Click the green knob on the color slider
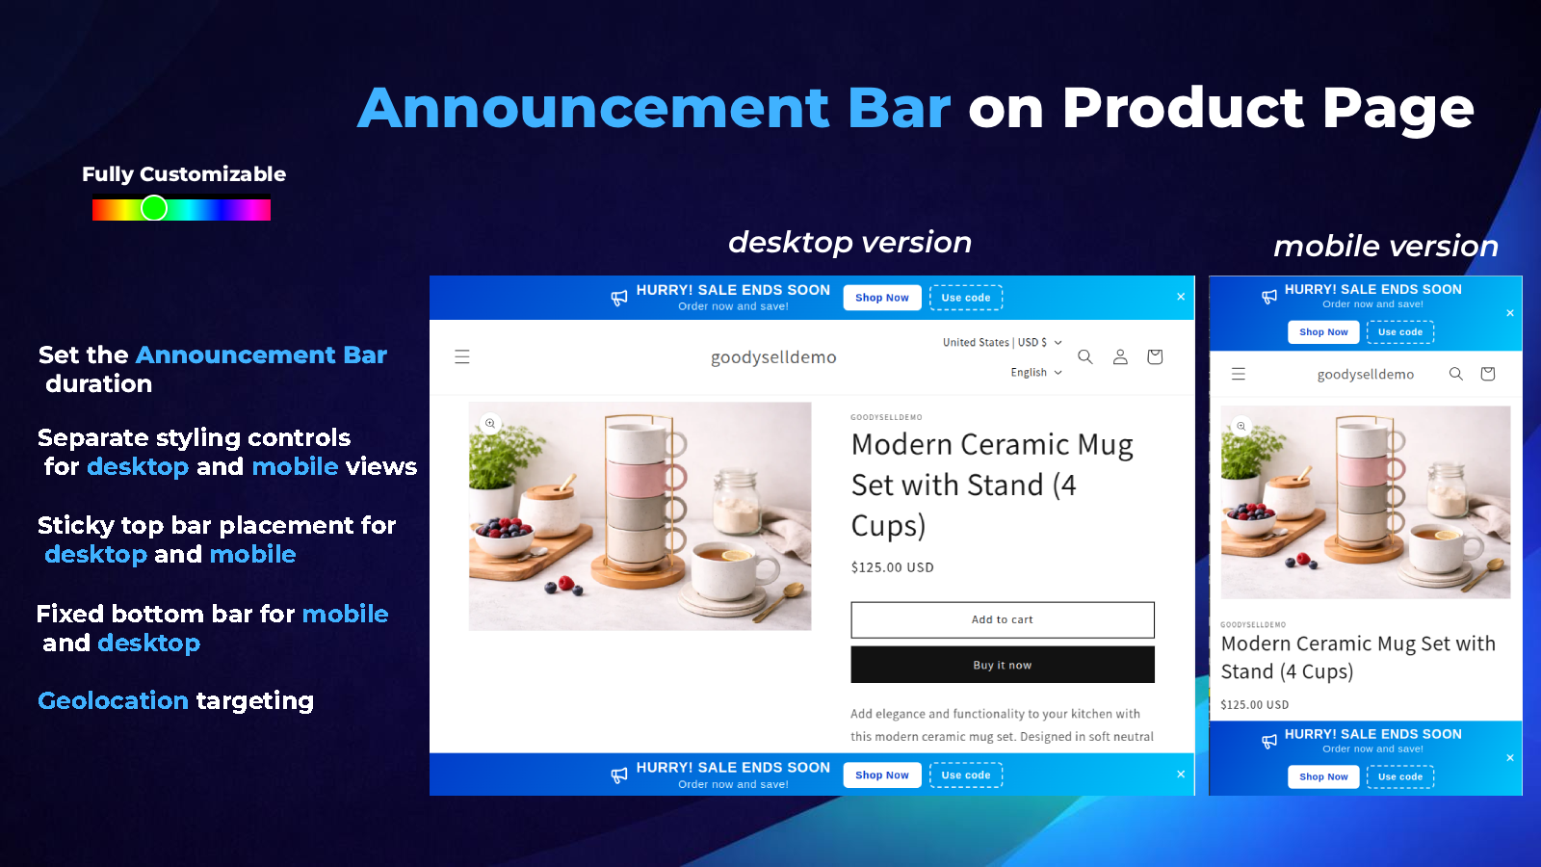point(154,208)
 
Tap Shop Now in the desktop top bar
point(882,298)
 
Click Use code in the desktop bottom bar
point(966,775)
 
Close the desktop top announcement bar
point(1181,297)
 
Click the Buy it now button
point(1003,665)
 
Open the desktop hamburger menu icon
point(462,356)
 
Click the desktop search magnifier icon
point(1084,356)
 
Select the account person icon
point(1120,356)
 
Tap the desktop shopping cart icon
point(1155,356)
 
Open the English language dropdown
point(1036,372)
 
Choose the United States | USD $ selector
point(1003,342)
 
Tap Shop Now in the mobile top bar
point(1323,331)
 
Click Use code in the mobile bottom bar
point(1400,776)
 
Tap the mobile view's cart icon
point(1487,374)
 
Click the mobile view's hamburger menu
point(1239,374)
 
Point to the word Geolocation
point(113,699)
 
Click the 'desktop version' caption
point(849,242)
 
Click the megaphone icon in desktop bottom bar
point(619,775)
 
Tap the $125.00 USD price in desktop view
point(892,567)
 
